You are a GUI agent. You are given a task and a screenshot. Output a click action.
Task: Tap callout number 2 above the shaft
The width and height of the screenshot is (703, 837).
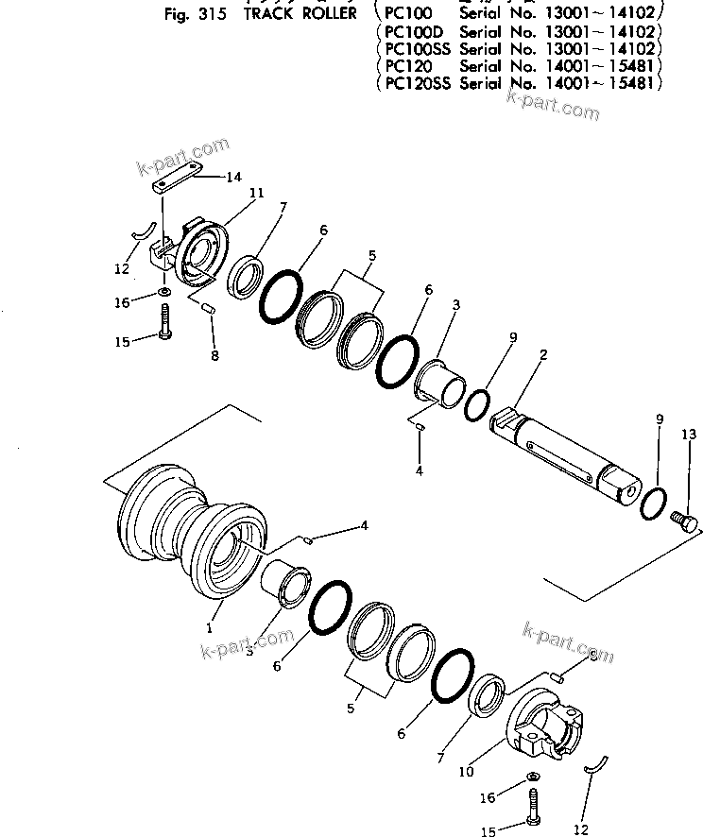point(544,355)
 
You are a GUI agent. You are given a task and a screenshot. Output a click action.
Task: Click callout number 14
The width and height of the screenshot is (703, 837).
point(232,177)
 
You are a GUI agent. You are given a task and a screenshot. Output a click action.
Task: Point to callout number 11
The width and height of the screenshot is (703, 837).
point(255,193)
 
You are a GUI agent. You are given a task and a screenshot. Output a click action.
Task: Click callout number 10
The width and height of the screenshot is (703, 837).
point(466,772)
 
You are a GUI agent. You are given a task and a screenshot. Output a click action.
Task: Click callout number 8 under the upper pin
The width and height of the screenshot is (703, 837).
point(214,356)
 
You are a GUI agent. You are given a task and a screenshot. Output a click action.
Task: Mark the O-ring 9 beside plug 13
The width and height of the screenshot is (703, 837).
point(652,502)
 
